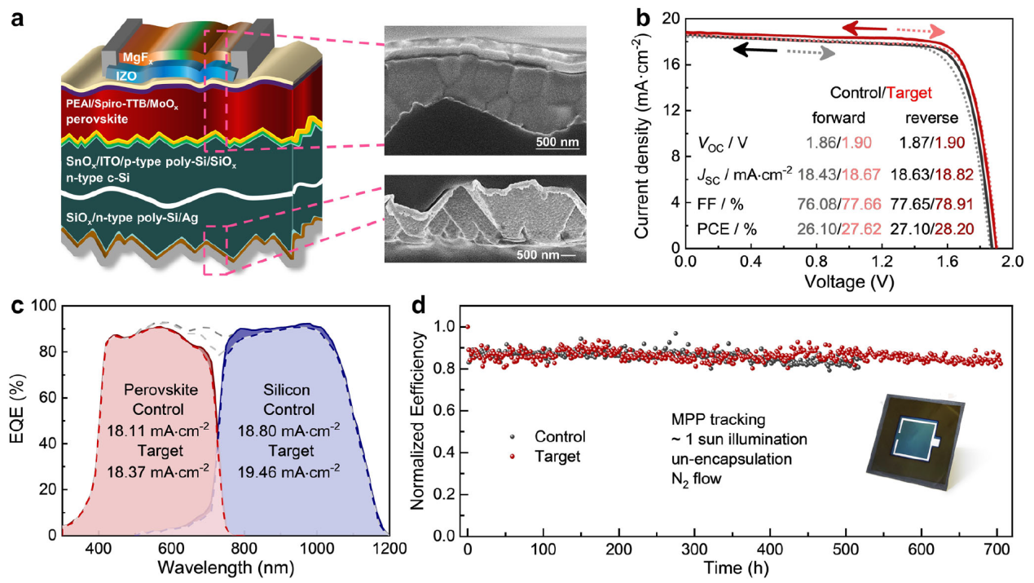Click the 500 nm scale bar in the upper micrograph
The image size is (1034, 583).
pos(557,144)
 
